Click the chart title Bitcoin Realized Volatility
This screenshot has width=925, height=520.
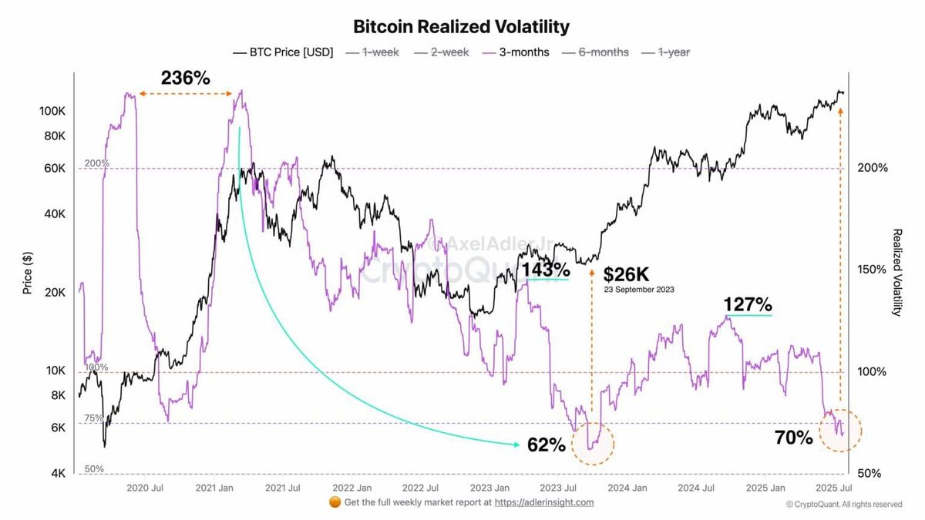click(x=461, y=27)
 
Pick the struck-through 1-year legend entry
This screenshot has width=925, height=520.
click(x=673, y=52)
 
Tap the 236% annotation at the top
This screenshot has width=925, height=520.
click(x=185, y=78)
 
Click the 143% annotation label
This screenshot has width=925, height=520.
click(x=546, y=270)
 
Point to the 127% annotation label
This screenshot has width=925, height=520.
click(x=748, y=304)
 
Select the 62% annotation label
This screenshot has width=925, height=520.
click(x=547, y=445)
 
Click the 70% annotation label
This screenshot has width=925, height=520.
click(x=793, y=438)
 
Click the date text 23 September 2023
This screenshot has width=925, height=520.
click(x=639, y=290)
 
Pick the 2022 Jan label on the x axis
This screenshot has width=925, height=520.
click(x=352, y=488)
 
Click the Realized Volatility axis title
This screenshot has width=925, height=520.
click(x=896, y=272)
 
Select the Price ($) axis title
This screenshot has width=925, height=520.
click(x=27, y=271)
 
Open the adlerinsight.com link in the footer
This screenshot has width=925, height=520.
click(x=543, y=502)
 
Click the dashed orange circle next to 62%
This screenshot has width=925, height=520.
click(x=593, y=445)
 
